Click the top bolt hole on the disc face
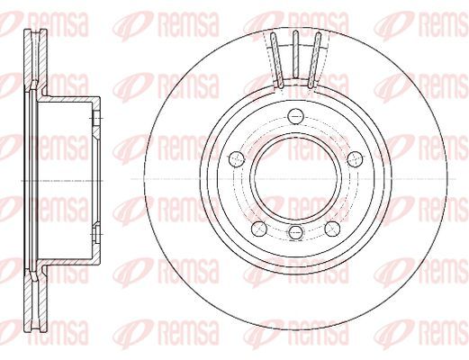coord(295,116)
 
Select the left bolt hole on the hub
coord(237,158)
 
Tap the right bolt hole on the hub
coord(356,158)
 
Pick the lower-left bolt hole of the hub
coord(259,229)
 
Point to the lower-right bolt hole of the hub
coord(332,229)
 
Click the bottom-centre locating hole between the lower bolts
coord(295,232)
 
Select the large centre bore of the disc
coord(295,177)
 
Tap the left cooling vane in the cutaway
coord(276,60)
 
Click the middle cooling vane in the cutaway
coord(295,54)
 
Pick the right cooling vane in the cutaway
coord(315,60)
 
